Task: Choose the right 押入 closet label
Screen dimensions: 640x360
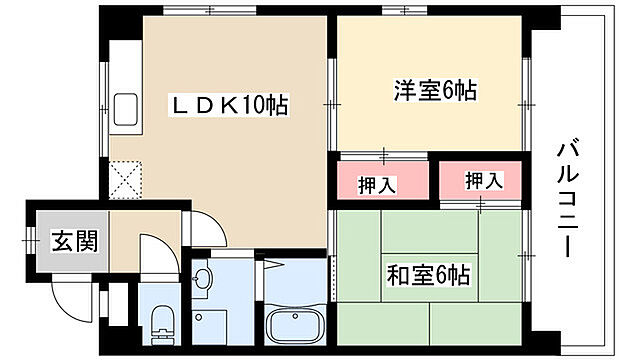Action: point(484,181)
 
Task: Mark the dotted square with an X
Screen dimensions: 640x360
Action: point(129,181)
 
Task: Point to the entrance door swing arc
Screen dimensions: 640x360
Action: point(70,296)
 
